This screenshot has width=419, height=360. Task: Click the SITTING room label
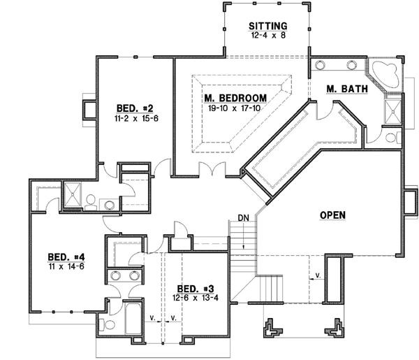tap(268, 27)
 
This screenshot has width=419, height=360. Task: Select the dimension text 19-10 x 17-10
tap(233, 108)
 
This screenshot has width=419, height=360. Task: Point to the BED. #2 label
tap(134, 108)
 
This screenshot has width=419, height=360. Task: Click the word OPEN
tap(333, 215)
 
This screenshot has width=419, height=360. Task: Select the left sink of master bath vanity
tap(322, 66)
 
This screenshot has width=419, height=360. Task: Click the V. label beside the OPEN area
tap(318, 275)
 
